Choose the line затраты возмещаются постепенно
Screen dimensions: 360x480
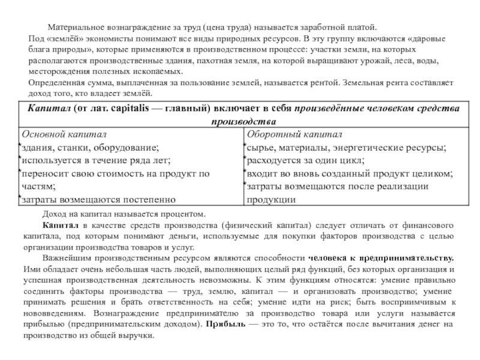pos(99,200)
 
